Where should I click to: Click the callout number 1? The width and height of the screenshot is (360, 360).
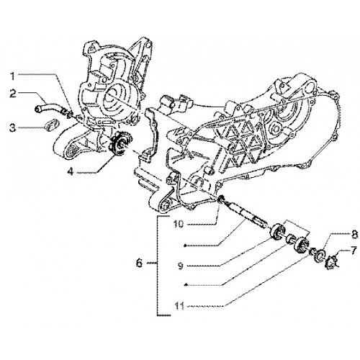click(x=12, y=76)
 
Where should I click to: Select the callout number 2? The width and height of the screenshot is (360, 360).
click(x=13, y=94)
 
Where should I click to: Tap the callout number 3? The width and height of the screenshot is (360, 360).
click(x=12, y=127)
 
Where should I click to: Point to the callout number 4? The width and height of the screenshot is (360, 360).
click(x=71, y=171)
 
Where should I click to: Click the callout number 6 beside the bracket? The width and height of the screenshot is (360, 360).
click(x=139, y=264)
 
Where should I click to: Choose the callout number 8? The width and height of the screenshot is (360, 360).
click(x=355, y=235)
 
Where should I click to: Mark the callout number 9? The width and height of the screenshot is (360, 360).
click(x=181, y=266)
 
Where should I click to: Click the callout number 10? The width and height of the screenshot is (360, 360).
click(x=179, y=224)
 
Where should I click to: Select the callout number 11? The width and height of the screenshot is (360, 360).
click(x=179, y=306)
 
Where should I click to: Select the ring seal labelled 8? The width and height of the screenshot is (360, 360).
click(x=320, y=255)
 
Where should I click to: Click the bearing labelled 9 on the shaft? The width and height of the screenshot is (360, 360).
click(x=277, y=231)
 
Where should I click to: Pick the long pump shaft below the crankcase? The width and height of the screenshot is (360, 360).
click(x=244, y=214)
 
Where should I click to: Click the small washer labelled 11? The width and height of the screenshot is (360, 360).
click(x=312, y=251)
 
